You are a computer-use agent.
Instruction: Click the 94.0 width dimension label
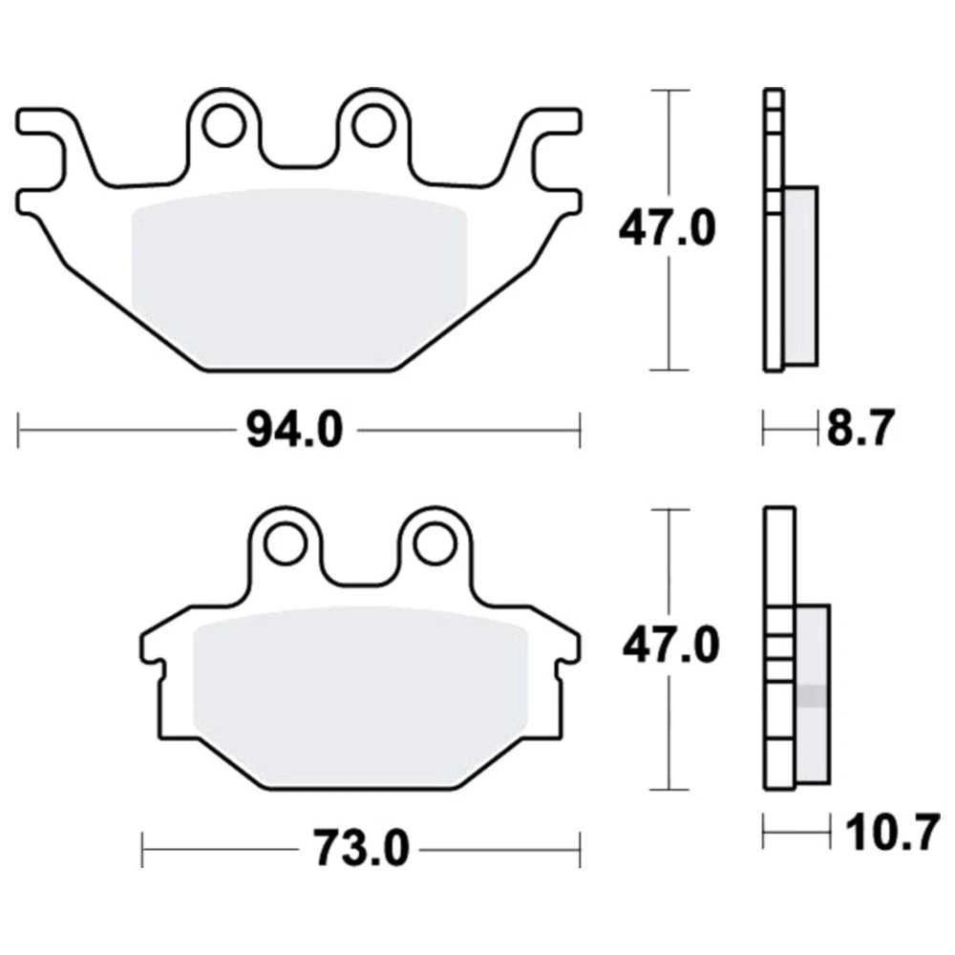(x=295, y=430)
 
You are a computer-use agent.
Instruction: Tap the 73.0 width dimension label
(x=361, y=849)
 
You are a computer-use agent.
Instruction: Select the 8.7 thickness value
(x=860, y=428)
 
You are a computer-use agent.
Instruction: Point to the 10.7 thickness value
(x=893, y=834)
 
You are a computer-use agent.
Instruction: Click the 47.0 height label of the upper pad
(x=667, y=228)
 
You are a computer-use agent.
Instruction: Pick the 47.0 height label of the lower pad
(x=670, y=646)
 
